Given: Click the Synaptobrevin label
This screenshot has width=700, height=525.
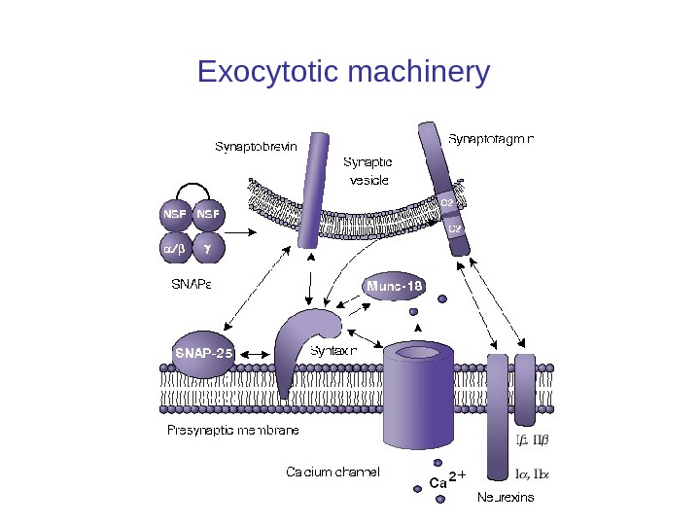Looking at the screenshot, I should pyautogui.click(x=256, y=148).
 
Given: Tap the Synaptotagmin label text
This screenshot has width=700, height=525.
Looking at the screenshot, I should pyautogui.click(x=496, y=138).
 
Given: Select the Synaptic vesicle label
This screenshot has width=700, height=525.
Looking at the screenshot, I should pyautogui.click(x=369, y=171).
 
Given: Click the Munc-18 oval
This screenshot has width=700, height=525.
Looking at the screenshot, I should pyautogui.click(x=395, y=286).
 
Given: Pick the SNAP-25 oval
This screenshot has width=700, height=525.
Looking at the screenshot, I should pyautogui.click(x=203, y=355).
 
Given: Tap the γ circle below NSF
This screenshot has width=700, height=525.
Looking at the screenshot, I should pyautogui.click(x=207, y=249).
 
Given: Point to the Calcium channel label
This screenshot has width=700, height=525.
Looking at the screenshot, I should pyautogui.click(x=332, y=472).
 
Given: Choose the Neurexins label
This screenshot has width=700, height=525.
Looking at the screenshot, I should pyautogui.click(x=506, y=498).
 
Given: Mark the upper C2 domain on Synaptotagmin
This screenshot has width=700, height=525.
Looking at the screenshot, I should pyautogui.click(x=448, y=202).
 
